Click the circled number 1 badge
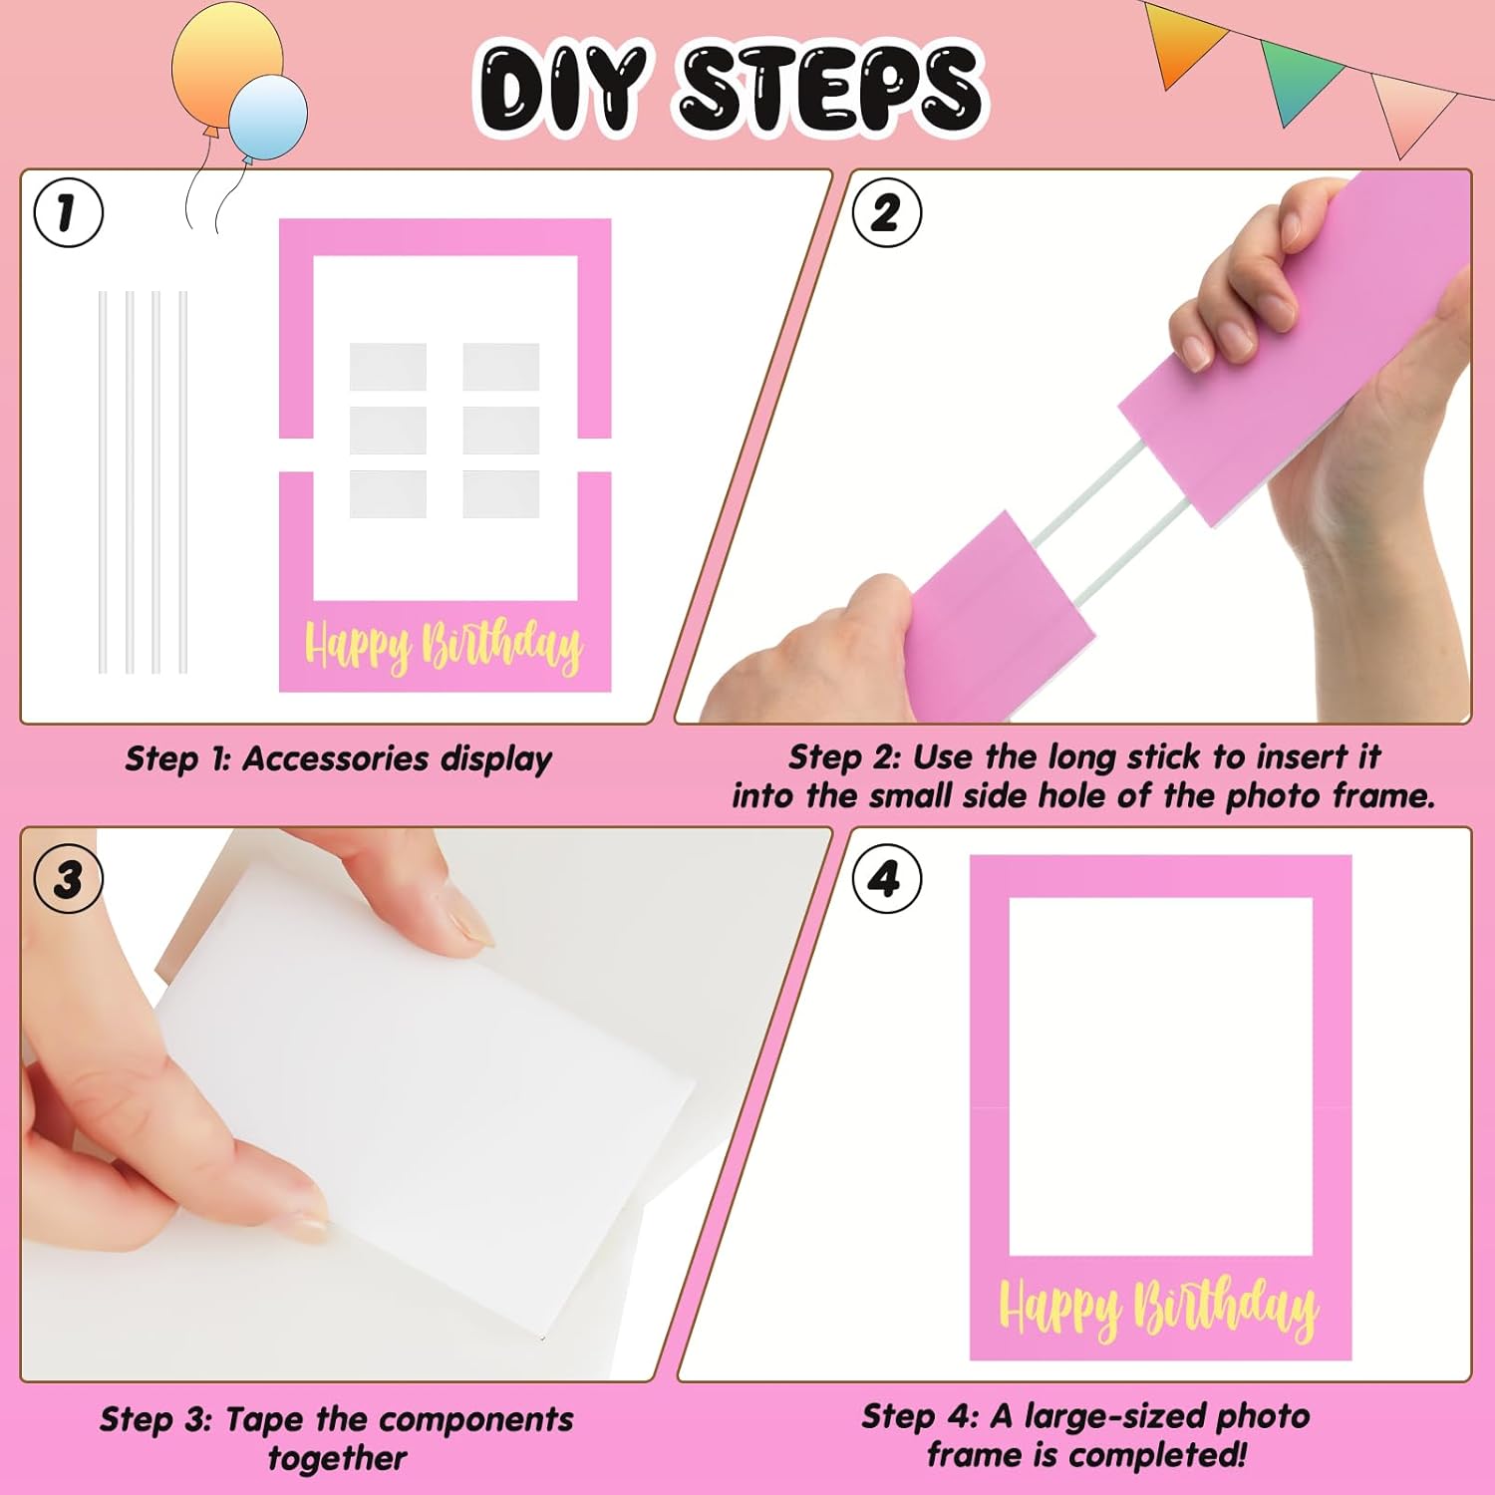[x=69, y=212]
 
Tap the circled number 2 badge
[x=887, y=212]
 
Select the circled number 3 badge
[x=69, y=879]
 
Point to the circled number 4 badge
[x=887, y=879]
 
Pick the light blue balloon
[x=267, y=118]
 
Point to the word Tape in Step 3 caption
[x=265, y=1419]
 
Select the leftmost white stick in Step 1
[x=103, y=482]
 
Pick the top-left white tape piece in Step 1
[x=388, y=367]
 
